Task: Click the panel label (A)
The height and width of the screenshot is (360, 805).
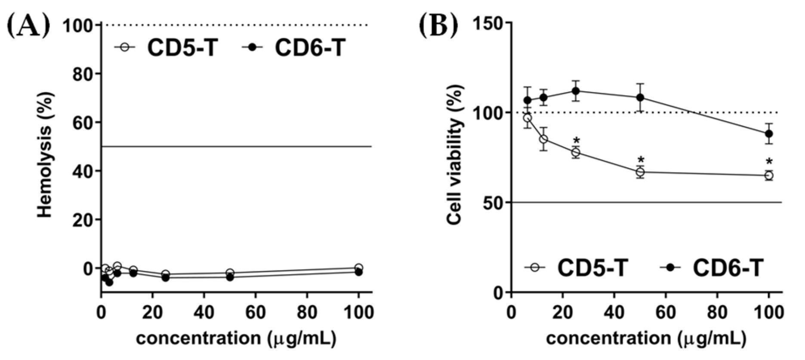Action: coord(28,28)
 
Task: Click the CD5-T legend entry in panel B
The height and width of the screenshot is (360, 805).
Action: coord(577,268)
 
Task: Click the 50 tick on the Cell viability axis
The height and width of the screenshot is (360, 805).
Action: coord(494,203)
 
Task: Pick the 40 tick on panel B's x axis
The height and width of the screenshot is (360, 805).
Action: coord(614,313)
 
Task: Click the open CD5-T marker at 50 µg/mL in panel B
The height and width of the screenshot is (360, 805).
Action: coord(640,172)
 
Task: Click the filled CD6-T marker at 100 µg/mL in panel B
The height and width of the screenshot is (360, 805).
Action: coord(769,134)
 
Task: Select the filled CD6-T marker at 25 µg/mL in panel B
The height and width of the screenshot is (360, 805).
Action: coord(576,91)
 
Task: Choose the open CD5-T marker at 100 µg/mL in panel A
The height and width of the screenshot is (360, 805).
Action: coord(358,268)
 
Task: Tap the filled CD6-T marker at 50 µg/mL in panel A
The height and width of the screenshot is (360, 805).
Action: coord(230,277)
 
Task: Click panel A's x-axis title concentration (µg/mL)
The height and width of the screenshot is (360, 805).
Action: coord(236,338)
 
